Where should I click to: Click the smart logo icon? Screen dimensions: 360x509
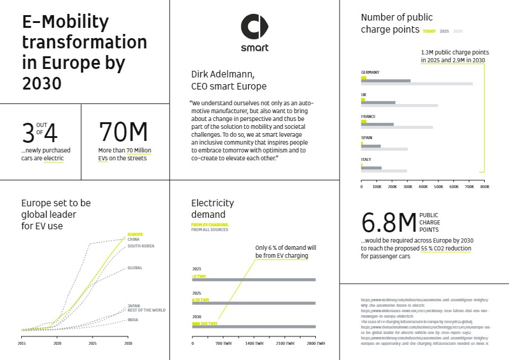254,27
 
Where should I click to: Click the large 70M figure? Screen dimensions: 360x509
123,132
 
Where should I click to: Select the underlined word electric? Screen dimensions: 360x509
53,158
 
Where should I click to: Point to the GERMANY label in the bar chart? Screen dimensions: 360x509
370,73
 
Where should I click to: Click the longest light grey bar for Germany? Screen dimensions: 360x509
416,83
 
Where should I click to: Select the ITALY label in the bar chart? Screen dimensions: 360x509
367,160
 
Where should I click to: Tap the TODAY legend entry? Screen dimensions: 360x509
429,31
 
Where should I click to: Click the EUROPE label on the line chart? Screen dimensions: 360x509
135,234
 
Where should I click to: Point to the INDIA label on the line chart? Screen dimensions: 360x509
133,319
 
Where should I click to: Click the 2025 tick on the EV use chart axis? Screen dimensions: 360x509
93,343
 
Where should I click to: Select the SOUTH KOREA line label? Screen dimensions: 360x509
140,246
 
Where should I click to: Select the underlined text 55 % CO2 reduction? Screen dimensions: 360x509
447,249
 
